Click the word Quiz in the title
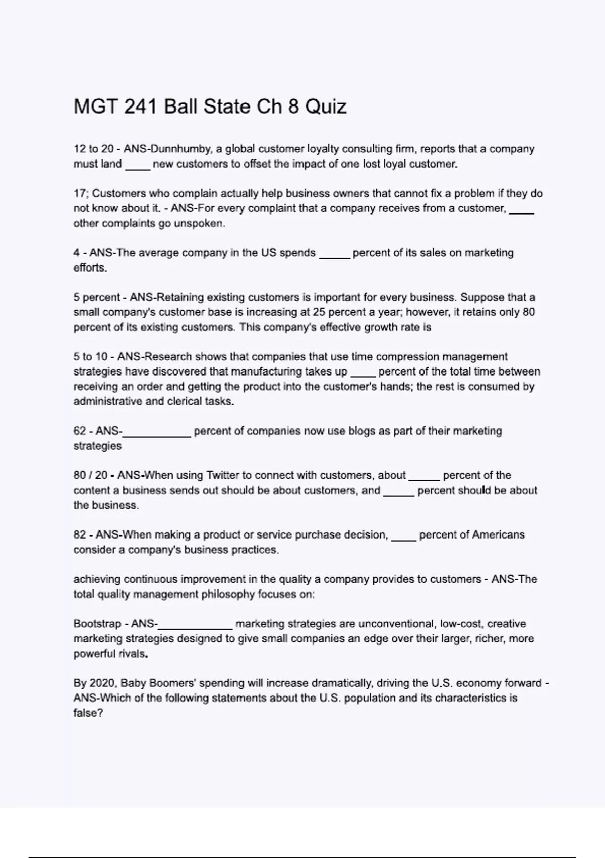(x=326, y=107)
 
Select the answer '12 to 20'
(x=93, y=149)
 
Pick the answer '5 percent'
(x=97, y=297)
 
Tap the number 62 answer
(x=80, y=431)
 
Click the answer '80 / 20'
(x=91, y=475)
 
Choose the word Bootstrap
(x=97, y=624)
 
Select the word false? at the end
(x=88, y=713)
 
